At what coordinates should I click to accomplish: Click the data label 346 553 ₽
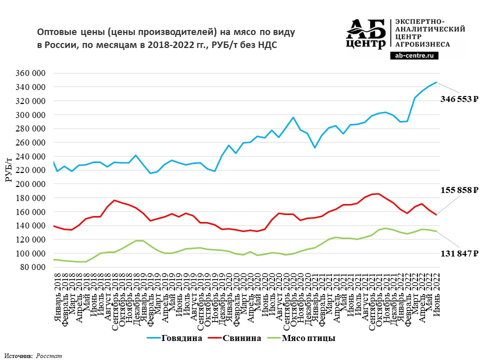459,99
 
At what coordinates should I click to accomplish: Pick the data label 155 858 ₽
459,190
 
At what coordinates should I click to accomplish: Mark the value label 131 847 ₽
459,254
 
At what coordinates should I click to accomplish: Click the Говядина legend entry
181,338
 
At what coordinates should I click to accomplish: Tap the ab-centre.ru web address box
413,56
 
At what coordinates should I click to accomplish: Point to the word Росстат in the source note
48,355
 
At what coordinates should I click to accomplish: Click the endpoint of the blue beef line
436,82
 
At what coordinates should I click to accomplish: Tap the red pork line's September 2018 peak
115,200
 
